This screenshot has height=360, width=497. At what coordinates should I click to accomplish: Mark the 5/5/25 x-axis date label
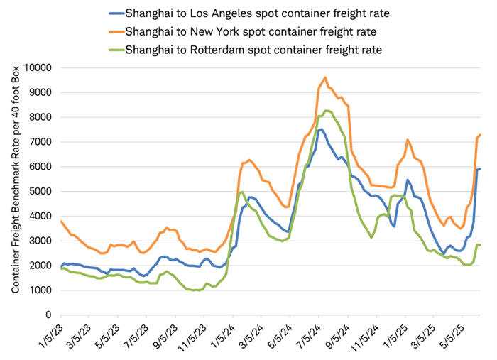(464, 334)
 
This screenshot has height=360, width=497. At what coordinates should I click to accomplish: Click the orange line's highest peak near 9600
(325, 77)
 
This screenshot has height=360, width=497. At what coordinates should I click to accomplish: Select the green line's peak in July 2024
(327, 110)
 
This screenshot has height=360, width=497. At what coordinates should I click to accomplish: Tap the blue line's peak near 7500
(321, 129)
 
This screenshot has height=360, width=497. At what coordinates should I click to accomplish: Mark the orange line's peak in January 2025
(407, 140)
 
